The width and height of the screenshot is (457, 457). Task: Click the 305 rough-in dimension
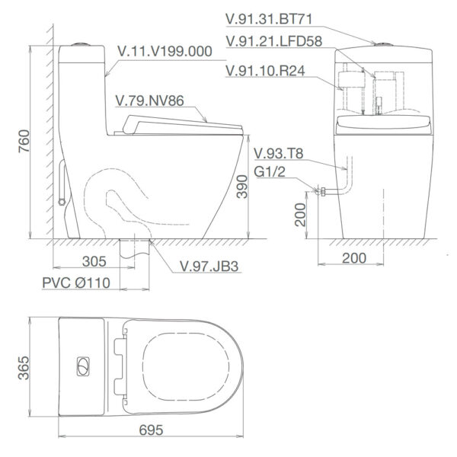pyautogui.click(x=93, y=261)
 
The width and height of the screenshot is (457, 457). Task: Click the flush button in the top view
pyautogui.click(x=82, y=365)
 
